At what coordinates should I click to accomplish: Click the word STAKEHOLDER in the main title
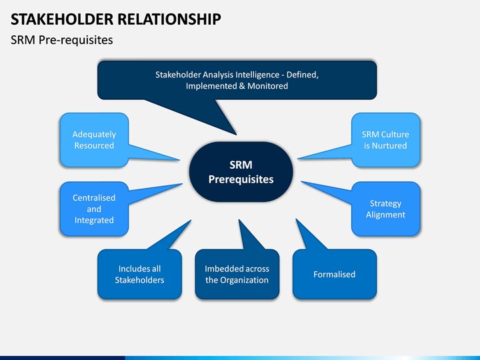pyautogui.click(x=62, y=19)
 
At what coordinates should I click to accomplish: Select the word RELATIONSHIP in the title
pyautogui.click(x=169, y=19)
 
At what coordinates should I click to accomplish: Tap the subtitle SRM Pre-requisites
pyautogui.click(x=62, y=40)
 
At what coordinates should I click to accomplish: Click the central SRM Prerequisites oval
pyautogui.click(x=241, y=172)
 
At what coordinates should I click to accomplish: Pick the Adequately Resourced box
pyautogui.click(x=94, y=140)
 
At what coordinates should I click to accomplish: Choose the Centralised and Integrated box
pyautogui.click(x=94, y=209)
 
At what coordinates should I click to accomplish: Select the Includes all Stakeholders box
pyautogui.click(x=139, y=274)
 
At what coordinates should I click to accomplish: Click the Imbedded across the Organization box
pyautogui.click(x=237, y=274)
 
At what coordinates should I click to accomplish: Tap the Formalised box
pyautogui.click(x=335, y=274)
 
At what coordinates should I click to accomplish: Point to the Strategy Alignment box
pyautogui.click(x=386, y=209)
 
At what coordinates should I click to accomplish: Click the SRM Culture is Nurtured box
pyautogui.click(x=386, y=140)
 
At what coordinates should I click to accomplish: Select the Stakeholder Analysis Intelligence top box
pyautogui.click(x=237, y=80)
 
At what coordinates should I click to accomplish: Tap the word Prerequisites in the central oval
pyautogui.click(x=241, y=179)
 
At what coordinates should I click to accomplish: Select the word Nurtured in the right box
pyautogui.click(x=389, y=146)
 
